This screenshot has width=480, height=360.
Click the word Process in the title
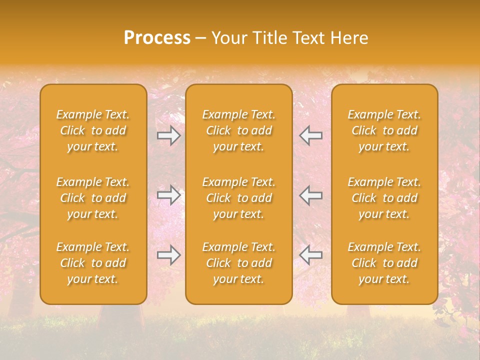[157, 38]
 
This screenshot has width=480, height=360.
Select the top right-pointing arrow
[168, 135]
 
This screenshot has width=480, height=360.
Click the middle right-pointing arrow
[168, 195]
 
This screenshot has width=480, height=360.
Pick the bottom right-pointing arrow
[168, 255]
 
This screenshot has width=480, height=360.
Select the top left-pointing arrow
[311, 135]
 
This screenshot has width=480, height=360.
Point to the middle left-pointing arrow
[311, 195]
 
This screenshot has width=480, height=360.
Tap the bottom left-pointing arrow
[311, 255]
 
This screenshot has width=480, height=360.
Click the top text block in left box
[93, 130]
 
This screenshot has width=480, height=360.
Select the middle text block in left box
[93, 198]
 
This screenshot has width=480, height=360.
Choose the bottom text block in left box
[93, 263]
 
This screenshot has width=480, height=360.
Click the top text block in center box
[239, 130]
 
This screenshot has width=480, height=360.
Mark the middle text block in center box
[239, 198]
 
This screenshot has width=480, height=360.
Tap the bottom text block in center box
[239, 263]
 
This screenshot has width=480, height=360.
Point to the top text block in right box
[384, 130]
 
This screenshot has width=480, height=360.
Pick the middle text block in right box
[384, 198]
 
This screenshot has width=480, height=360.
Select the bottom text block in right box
[384, 263]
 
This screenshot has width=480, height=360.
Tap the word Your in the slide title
[227, 38]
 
